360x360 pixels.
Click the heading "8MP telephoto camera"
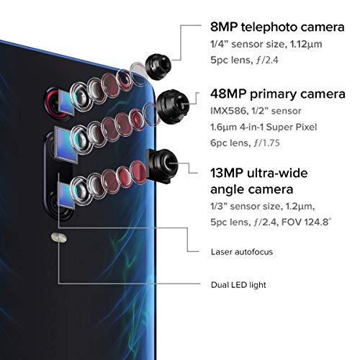277,27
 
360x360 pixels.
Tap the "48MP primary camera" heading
278,94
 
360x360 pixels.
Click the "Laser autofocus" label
242,252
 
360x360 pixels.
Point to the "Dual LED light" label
238,285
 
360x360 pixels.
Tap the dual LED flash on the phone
59,238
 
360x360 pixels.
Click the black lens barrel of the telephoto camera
158,67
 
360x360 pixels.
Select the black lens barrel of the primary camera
173,107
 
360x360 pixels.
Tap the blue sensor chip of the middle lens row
66,145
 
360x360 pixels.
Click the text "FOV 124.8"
306,222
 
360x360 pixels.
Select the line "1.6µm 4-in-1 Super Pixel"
264,127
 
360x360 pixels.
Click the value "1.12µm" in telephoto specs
306,45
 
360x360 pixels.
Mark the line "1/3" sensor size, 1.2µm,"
263,207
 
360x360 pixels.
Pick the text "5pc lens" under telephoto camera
230,60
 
